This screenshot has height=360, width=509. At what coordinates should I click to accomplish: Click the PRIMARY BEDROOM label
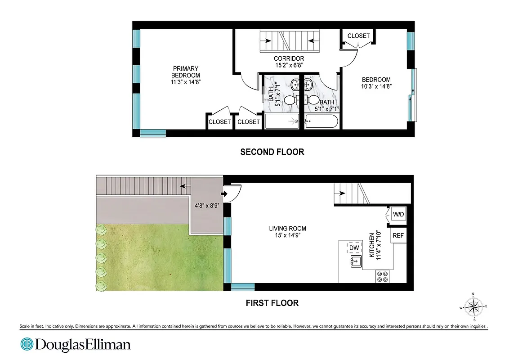(x=185, y=72)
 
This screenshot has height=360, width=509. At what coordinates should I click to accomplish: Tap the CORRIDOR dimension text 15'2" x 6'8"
(x=289, y=65)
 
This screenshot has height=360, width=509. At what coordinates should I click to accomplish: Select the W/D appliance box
(x=398, y=215)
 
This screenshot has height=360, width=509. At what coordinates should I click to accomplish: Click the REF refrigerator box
(x=398, y=235)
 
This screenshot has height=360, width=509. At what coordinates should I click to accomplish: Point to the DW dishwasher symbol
(x=354, y=248)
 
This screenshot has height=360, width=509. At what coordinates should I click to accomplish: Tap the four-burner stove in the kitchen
(x=383, y=276)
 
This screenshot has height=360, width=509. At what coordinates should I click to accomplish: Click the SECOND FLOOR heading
(x=272, y=152)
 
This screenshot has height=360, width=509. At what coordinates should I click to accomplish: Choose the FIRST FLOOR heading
(x=272, y=303)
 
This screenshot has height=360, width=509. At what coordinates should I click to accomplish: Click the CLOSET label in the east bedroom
(x=358, y=36)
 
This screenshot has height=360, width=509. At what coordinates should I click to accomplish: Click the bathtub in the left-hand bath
(x=282, y=121)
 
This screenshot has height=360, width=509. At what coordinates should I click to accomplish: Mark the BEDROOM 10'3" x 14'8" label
(x=376, y=83)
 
